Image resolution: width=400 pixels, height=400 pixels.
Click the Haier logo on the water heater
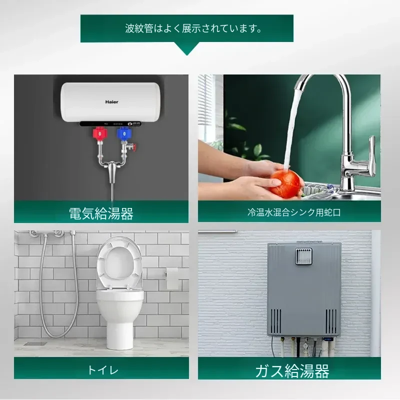click(x=111, y=102)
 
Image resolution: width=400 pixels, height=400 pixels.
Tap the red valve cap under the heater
click(x=100, y=133)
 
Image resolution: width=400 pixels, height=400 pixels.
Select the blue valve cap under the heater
click(x=124, y=133)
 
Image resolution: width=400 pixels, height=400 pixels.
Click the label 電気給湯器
click(x=101, y=213)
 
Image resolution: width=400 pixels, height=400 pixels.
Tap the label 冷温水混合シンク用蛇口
click(x=294, y=212)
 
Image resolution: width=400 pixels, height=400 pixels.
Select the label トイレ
click(x=103, y=370)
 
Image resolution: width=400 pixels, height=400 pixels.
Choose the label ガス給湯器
click(x=292, y=371)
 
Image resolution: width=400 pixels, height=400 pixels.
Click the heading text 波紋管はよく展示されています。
click(x=193, y=28)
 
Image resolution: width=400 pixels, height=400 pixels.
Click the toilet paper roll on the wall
click(x=172, y=278)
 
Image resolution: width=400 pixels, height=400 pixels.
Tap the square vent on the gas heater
click(x=304, y=256)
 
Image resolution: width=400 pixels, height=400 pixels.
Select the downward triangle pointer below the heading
click(x=187, y=48)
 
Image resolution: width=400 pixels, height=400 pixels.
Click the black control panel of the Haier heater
click(x=110, y=123)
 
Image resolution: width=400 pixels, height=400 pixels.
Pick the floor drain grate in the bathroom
click(x=35, y=343)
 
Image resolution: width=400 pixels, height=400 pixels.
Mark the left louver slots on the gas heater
click(x=275, y=321)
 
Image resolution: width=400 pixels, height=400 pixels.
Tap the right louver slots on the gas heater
click(x=331, y=321)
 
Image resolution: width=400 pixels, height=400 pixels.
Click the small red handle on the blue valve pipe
click(x=133, y=146)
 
